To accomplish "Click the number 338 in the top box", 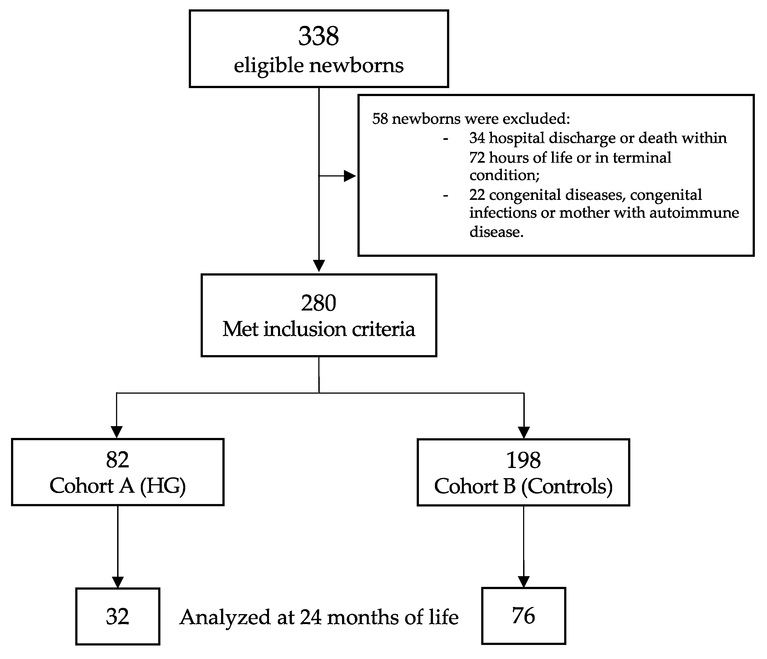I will [318, 36].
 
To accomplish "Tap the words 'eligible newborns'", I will [318, 66].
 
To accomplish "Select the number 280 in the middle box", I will [318, 303].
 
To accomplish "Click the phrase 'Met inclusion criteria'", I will [318, 329].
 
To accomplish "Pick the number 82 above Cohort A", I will [117, 460].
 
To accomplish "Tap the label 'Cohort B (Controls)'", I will [523, 486].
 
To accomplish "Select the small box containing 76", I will [523, 616].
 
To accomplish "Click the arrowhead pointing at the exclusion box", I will [349, 176].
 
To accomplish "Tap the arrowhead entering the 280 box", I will [319, 266].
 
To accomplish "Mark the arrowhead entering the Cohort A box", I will [117, 432].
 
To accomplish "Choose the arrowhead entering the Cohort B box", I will [524, 432].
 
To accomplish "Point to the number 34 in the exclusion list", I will [477, 138].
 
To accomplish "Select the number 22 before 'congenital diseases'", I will [477, 195].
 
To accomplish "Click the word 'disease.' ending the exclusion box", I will [496, 232].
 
